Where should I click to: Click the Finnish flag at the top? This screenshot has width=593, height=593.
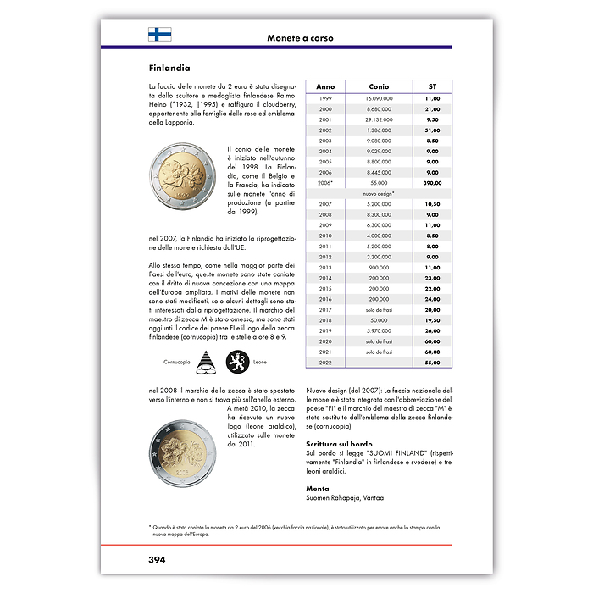coord(159,35)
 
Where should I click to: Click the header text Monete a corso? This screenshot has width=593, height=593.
coord(300,38)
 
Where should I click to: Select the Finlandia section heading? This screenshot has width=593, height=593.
coord(169,68)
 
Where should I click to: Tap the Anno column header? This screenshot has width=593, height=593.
coord(325,87)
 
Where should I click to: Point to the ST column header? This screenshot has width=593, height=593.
coord(432,87)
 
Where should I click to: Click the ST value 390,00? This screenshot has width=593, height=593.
coord(432,182)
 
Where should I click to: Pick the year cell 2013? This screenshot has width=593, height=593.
coord(325,267)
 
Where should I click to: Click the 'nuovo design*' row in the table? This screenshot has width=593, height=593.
coord(380,193)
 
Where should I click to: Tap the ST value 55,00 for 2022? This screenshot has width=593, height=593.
coord(432,362)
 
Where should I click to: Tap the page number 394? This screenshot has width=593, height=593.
coord(156,559)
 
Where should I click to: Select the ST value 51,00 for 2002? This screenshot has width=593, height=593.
coord(432,130)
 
